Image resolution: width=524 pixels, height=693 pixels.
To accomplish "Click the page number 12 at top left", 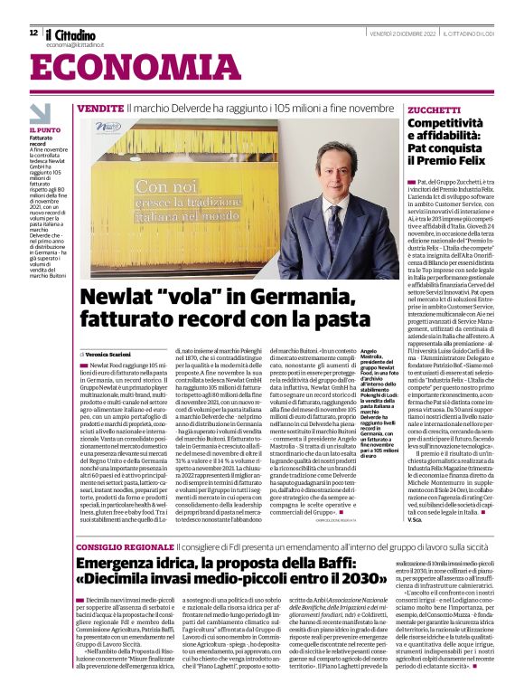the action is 33,32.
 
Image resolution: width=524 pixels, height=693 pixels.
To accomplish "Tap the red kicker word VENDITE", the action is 125,108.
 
